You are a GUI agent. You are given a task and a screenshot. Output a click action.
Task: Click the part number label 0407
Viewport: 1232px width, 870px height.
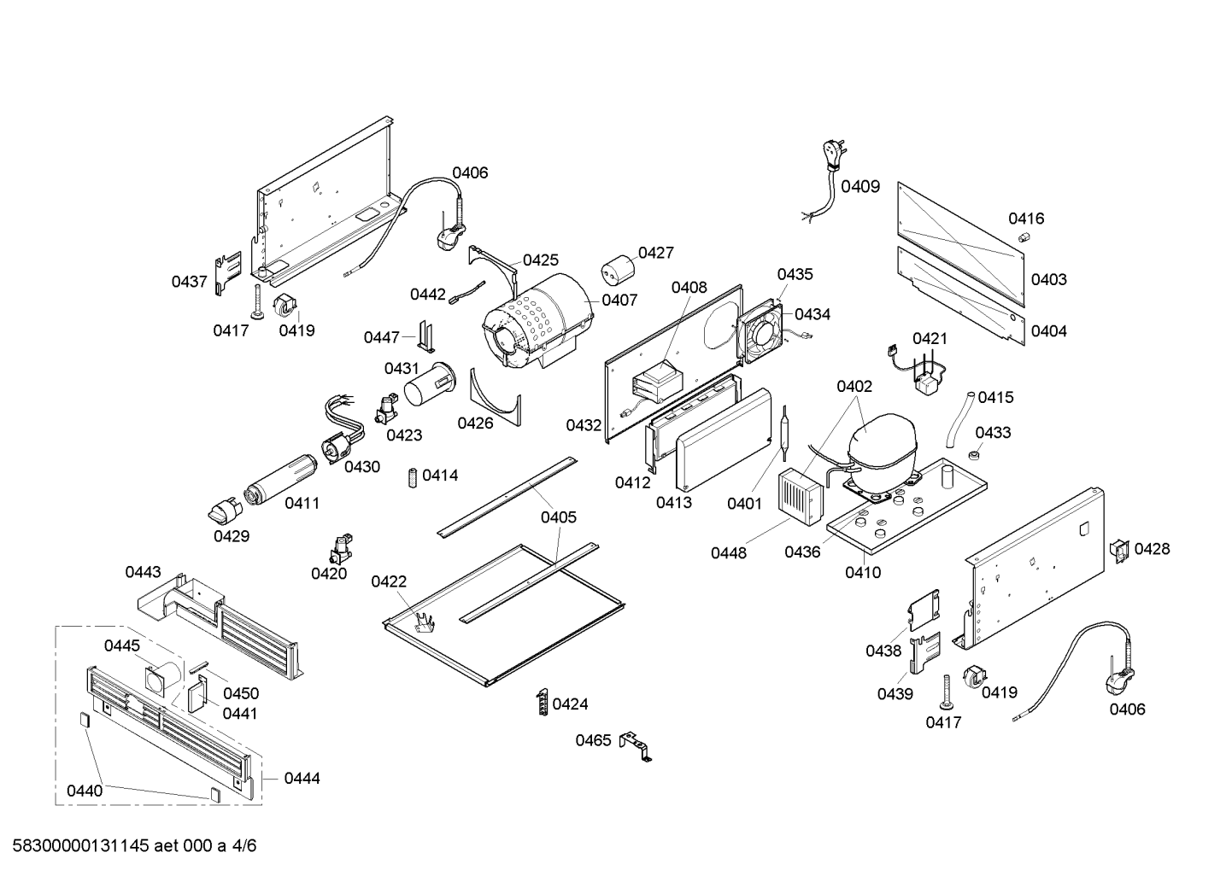(619, 300)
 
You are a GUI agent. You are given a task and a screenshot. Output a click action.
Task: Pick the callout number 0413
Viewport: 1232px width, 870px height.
(674, 503)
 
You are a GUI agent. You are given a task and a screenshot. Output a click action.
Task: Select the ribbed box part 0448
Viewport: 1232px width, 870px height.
(801, 495)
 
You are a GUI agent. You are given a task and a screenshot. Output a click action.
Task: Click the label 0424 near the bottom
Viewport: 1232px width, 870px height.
(570, 704)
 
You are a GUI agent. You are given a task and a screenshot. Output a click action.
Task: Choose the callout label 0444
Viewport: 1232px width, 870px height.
(302, 778)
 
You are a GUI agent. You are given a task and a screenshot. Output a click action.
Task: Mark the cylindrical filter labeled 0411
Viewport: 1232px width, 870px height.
(280, 480)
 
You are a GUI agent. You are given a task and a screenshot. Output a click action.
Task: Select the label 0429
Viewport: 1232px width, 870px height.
(231, 536)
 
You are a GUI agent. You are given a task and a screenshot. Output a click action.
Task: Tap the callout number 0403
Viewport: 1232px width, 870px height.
(1048, 279)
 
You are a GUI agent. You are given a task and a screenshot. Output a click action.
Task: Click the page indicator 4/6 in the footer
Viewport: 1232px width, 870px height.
(244, 846)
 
